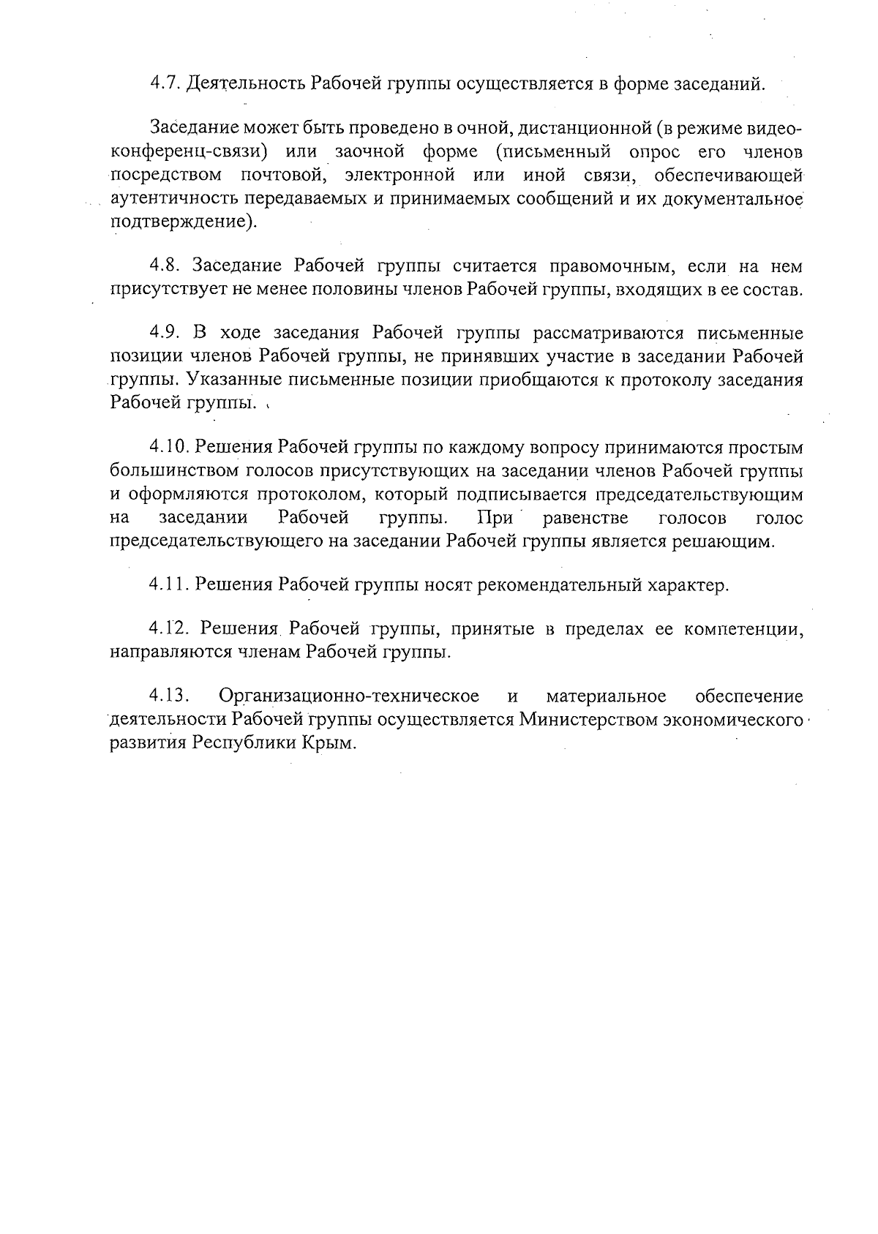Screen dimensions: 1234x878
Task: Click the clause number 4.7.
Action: point(165,83)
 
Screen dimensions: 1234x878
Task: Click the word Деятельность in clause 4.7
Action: point(246,83)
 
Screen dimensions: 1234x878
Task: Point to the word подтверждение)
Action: point(184,222)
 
